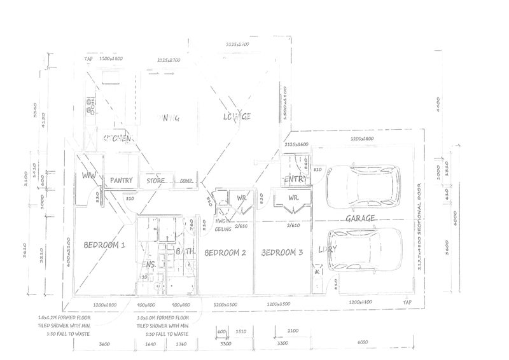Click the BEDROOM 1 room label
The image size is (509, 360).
[x=104, y=244]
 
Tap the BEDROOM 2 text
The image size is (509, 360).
[x=225, y=253]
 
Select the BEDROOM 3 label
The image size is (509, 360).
[x=283, y=253]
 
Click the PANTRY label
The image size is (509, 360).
[x=121, y=181]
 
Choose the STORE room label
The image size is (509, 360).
[x=156, y=181]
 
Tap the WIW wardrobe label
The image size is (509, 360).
[x=88, y=176]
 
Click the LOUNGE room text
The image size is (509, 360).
[x=237, y=117]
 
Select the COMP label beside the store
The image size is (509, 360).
[x=186, y=181]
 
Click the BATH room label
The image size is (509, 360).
[x=185, y=253]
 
